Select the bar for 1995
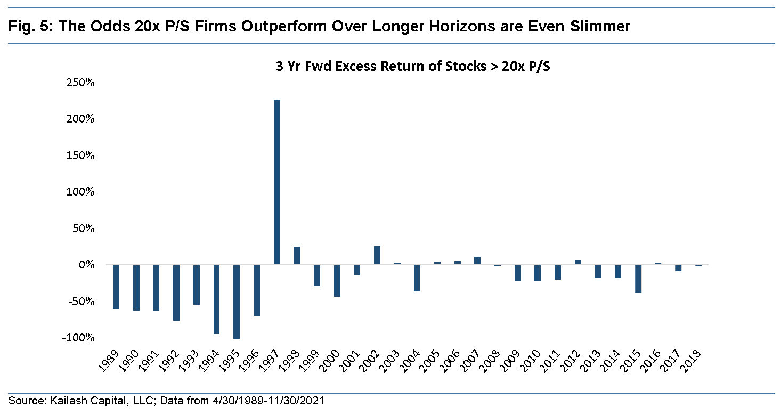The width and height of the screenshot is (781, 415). (x=237, y=302)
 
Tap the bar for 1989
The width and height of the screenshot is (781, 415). (x=116, y=287)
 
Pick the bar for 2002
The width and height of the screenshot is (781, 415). (x=377, y=255)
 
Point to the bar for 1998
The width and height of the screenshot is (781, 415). (x=297, y=256)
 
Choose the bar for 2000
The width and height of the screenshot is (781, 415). (x=337, y=280)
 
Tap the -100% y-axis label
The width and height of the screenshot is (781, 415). (x=80, y=338)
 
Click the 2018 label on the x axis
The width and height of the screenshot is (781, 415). (x=693, y=362)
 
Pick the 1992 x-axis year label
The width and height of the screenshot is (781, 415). (x=169, y=362)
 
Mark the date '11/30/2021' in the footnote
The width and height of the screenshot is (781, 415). (x=304, y=400)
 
